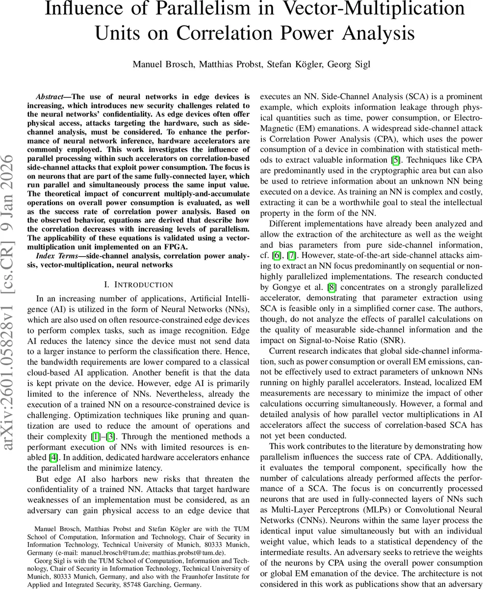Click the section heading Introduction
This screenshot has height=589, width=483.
pos(143,285)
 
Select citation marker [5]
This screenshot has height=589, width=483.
pos(395,160)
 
